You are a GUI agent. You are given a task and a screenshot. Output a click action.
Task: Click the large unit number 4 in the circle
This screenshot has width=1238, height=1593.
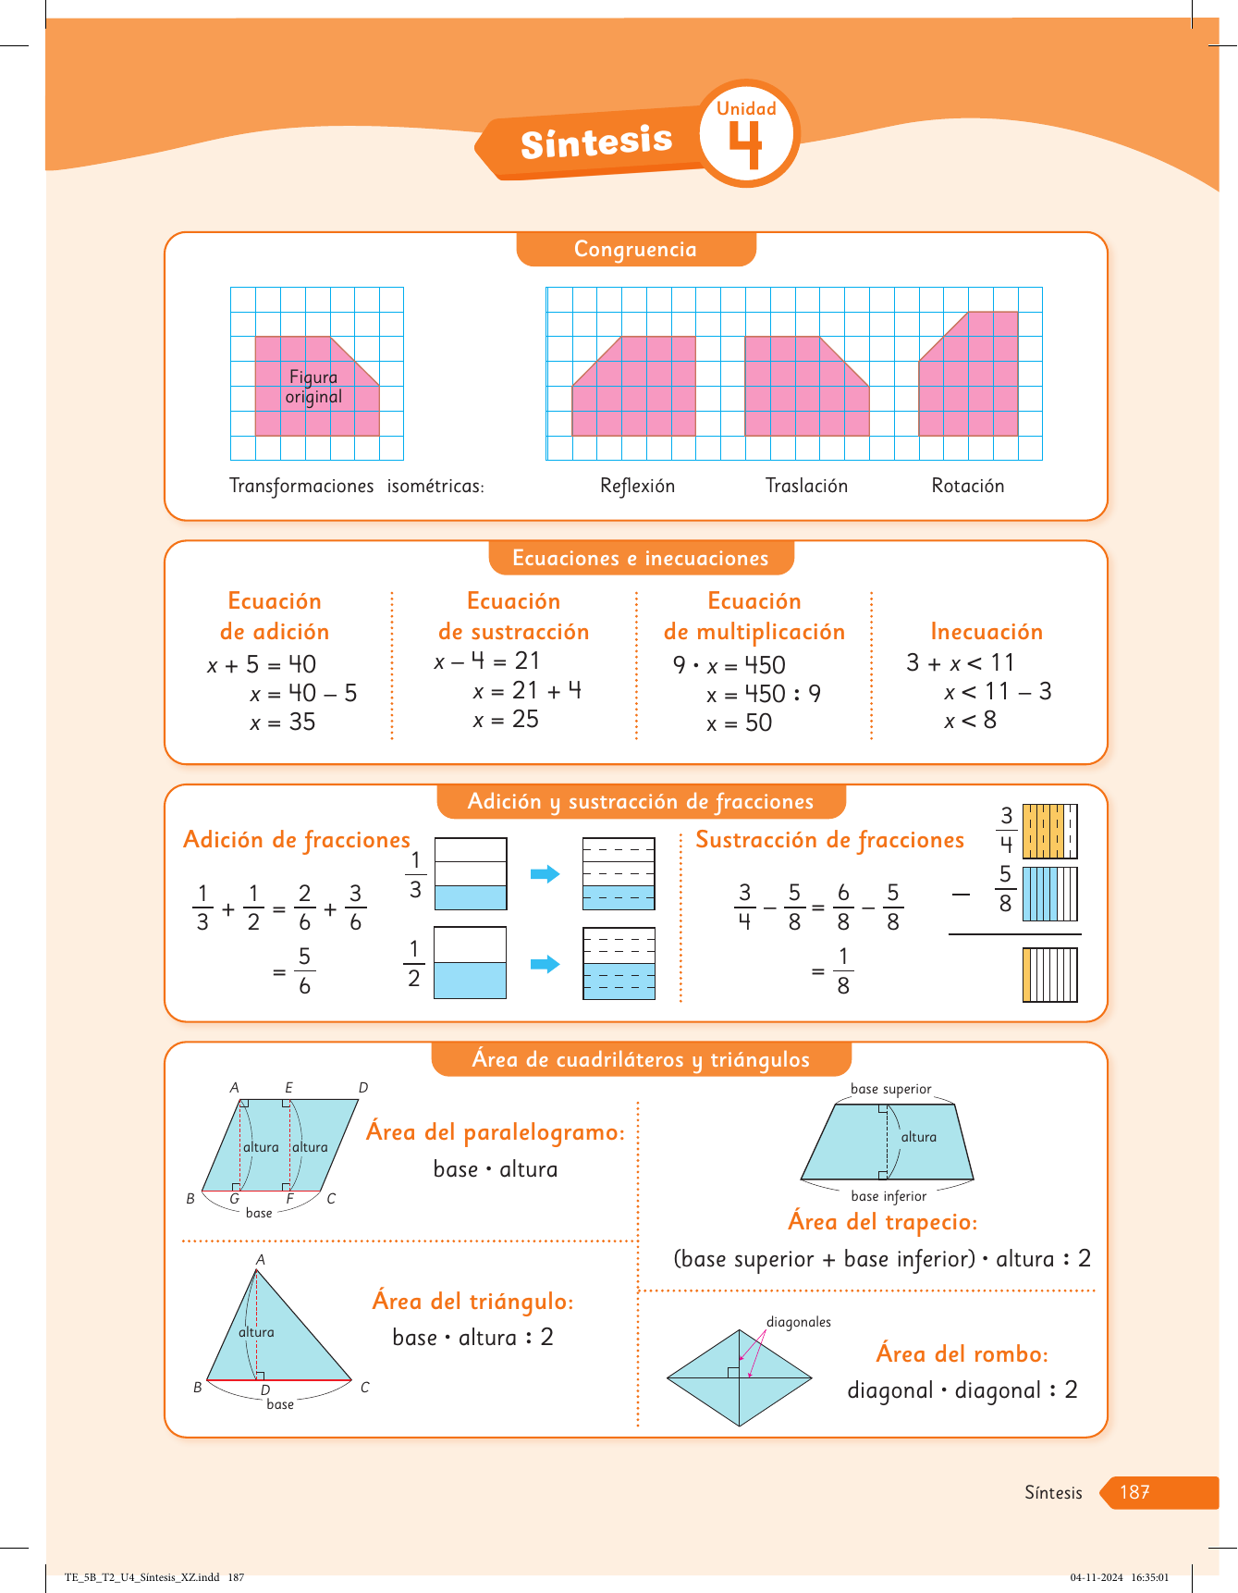coord(745,145)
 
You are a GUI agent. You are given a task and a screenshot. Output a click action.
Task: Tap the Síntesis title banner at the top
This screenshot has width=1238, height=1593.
coord(596,142)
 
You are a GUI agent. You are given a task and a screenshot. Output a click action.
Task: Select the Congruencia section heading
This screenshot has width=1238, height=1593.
coord(635,249)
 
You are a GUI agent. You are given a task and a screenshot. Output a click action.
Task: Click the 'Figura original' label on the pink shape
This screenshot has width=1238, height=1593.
coord(313,387)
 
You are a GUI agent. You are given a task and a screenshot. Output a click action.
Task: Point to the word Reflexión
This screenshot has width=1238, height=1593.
coord(637,486)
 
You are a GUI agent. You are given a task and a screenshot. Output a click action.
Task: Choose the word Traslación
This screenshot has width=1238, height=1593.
coord(806,486)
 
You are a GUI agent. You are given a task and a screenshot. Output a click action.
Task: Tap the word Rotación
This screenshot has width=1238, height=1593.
coord(967,486)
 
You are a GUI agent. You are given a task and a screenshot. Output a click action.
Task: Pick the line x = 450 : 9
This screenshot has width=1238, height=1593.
coord(763,694)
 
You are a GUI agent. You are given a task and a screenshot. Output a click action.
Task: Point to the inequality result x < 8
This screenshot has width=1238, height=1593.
coord(970,721)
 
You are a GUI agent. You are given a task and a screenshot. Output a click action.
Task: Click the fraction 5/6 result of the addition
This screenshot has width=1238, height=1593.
coord(304,970)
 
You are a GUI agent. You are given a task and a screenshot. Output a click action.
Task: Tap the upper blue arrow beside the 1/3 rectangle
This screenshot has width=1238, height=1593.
coord(545,874)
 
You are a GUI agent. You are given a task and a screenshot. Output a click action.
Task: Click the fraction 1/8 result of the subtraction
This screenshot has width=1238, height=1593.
coord(842,970)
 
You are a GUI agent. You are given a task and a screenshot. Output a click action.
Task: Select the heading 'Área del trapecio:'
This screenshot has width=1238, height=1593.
coord(882,1222)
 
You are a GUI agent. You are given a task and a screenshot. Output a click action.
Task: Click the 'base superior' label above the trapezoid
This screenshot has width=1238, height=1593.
coord(890,1089)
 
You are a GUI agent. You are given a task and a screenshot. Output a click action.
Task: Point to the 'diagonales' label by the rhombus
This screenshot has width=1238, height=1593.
coord(798,1322)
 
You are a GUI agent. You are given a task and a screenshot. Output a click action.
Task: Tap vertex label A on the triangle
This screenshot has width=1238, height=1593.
coord(261,1260)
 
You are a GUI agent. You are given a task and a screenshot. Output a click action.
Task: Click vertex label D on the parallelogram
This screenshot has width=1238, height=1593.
coord(363,1088)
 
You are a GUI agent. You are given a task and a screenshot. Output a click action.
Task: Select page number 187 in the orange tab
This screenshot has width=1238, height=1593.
coord(1134,1492)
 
